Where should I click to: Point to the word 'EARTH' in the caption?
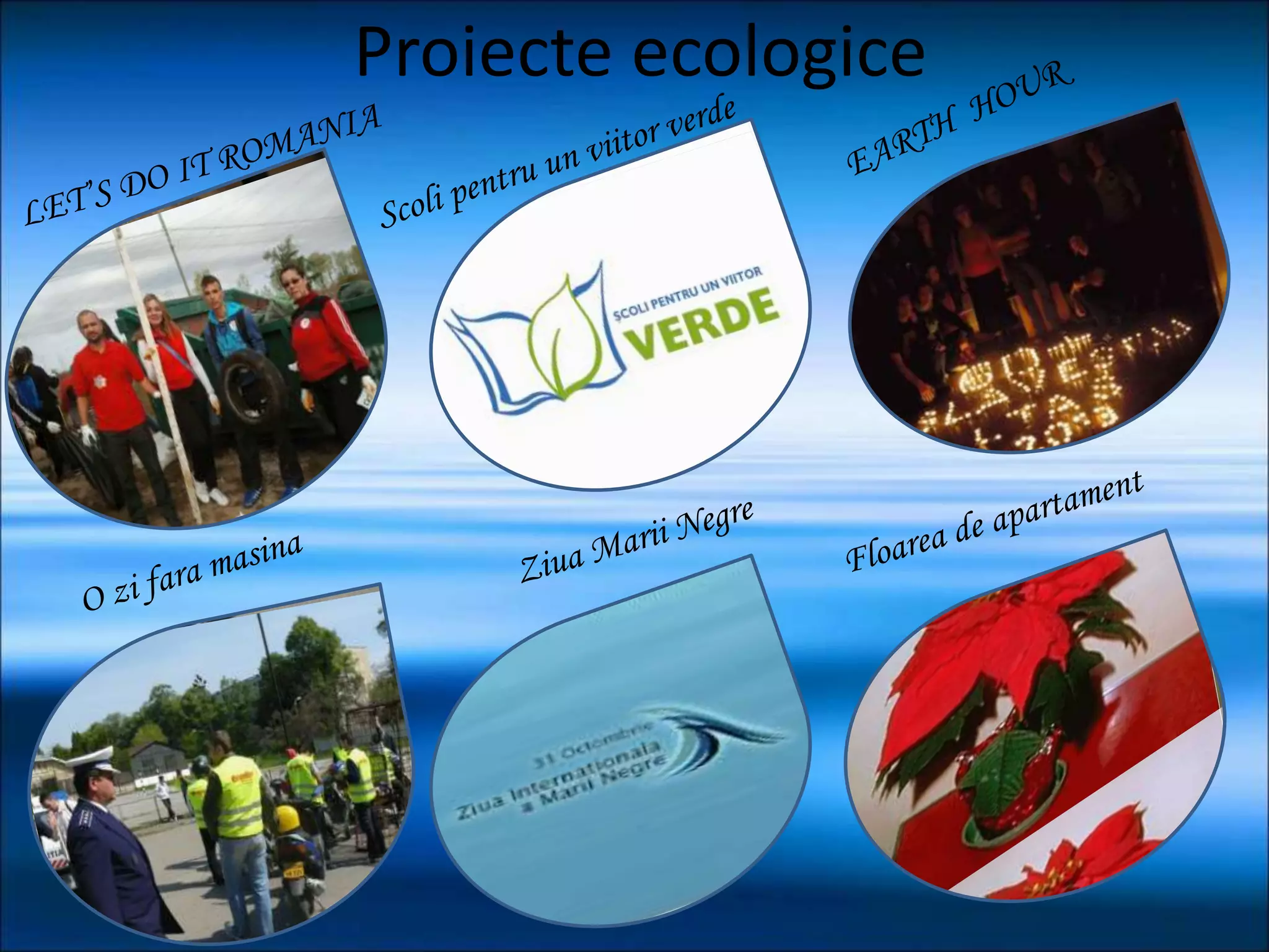click(902, 146)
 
